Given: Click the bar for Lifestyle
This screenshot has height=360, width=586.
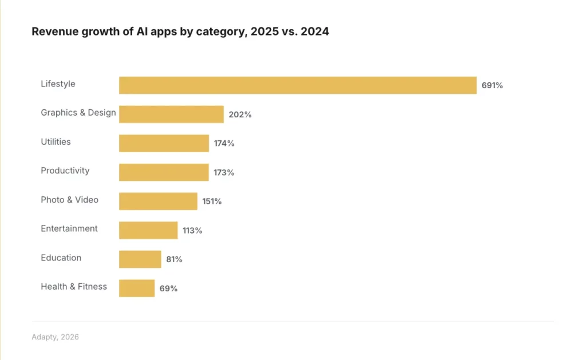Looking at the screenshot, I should pos(298,85).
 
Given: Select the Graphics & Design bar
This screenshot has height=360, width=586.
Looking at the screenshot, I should pos(171,114).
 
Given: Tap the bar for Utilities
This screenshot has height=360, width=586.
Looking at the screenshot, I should pos(164,143).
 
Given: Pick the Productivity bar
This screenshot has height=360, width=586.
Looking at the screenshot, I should pos(164,172).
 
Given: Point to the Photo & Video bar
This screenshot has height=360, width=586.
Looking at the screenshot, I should pos(158,201).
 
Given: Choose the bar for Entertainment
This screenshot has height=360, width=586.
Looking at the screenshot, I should pos(148,230).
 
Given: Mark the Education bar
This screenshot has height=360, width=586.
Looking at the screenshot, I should pos(140,259).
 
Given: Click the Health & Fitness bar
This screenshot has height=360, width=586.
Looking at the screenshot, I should pos(137,288).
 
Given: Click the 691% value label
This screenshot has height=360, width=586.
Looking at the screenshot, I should pos(492,85).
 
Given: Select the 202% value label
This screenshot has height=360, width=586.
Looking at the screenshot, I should pos(240,114).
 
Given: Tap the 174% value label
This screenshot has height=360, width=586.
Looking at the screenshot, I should pos(224,143).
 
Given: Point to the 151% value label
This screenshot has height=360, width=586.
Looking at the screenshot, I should pos(212,201).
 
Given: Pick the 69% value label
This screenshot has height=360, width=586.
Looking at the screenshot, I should pos(168,288).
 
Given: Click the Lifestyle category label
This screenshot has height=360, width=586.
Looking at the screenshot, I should pos(58,84).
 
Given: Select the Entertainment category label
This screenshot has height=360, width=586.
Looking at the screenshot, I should pos(69,228).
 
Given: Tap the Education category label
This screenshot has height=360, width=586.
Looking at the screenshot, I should pos(61,258).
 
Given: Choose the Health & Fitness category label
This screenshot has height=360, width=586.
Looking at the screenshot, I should pos(74,286).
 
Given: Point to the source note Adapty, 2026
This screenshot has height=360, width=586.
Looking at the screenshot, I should pos(56,337).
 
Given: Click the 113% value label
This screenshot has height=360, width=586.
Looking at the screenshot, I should pos(192,231).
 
